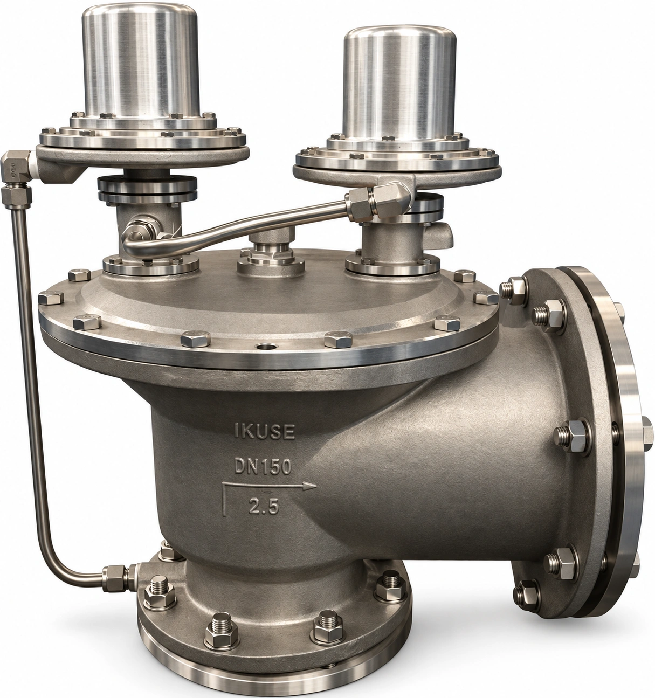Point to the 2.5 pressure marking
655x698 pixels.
(264, 507)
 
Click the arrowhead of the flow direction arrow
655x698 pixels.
(309, 486)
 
